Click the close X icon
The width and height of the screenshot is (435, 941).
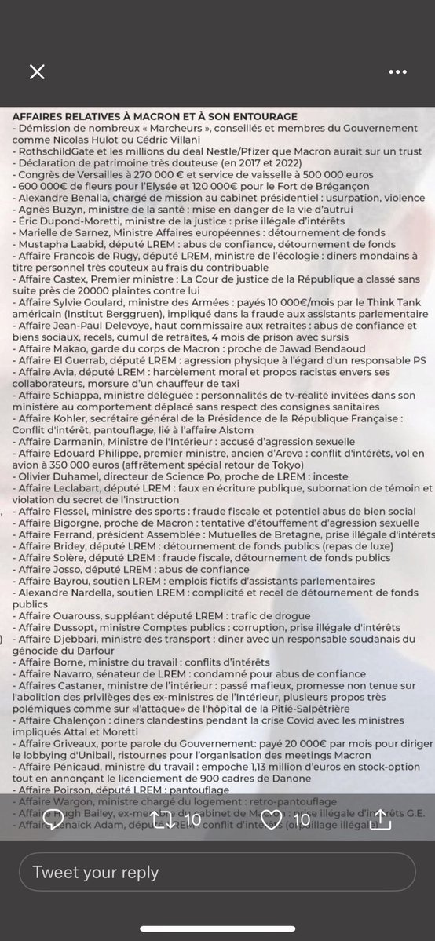[37, 72]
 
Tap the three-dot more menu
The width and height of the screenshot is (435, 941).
[398, 72]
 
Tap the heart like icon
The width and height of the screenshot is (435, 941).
[271, 819]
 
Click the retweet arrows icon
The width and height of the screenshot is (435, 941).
[163, 819]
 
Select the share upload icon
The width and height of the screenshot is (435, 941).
[381, 819]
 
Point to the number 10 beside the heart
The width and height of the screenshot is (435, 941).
[302, 819]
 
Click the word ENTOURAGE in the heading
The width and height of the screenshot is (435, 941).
[257, 116]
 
